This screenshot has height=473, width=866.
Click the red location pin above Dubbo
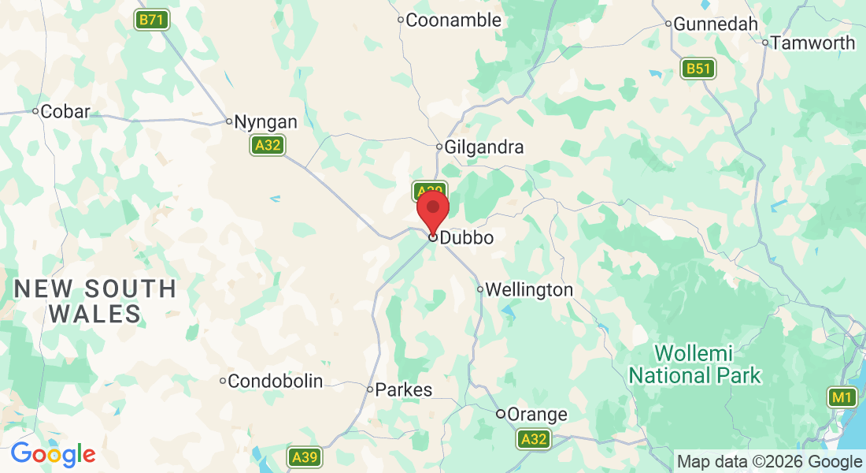tap(432, 210)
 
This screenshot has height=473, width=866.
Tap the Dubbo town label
tap(467, 237)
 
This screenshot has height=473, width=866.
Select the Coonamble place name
tap(453, 20)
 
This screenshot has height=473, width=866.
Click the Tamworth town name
tap(812, 43)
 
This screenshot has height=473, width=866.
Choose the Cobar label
tap(65, 111)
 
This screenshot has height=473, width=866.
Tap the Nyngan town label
tap(266, 122)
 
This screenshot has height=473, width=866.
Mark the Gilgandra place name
tap(483, 147)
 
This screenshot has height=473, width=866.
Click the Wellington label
tap(529, 290)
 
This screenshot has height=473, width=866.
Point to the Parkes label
tap(404, 389)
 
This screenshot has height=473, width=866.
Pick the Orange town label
tap(537, 415)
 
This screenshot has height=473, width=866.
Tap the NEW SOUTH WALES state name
tap(94, 301)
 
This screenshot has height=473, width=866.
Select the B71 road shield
tap(152, 20)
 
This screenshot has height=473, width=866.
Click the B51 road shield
tap(698, 69)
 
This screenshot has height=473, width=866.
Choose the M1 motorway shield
tap(843, 397)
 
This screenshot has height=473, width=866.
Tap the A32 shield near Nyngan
tap(268, 145)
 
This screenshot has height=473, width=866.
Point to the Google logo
tap(53, 454)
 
